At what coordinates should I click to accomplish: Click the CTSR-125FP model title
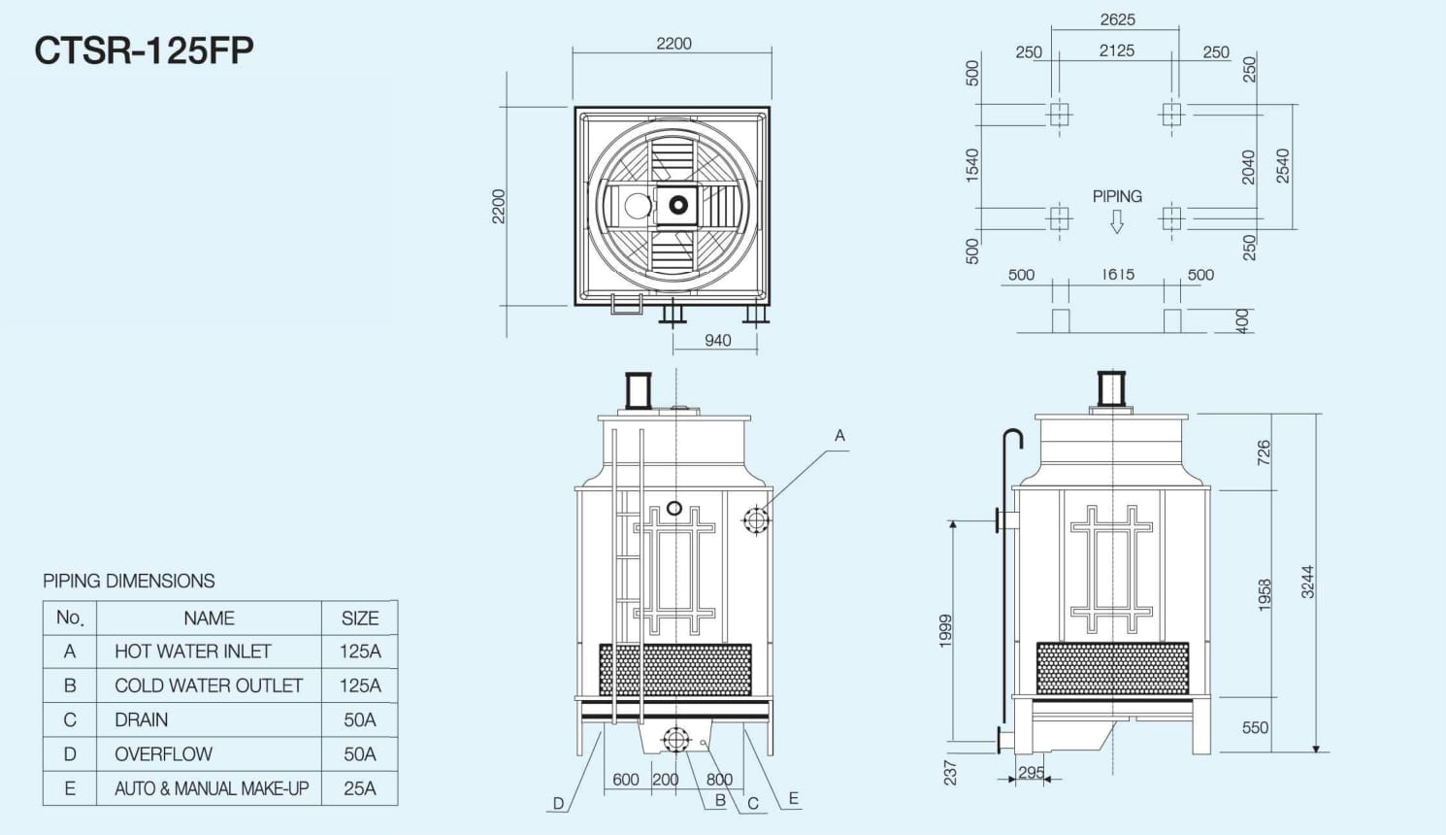[x=144, y=50]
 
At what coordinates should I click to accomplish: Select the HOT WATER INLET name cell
[x=192, y=651]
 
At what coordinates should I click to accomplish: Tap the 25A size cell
[x=360, y=788]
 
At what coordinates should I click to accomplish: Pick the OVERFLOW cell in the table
[x=163, y=754]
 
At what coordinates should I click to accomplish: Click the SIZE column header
[x=360, y=618]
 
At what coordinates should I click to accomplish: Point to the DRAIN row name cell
[x=141, y=720]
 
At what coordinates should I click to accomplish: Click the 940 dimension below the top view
[x=717, y=341]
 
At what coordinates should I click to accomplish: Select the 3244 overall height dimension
[x=1307, y=582]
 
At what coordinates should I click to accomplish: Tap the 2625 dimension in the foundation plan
[x=1117, y=20]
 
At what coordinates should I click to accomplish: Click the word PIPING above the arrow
[x=1117, y=196]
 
